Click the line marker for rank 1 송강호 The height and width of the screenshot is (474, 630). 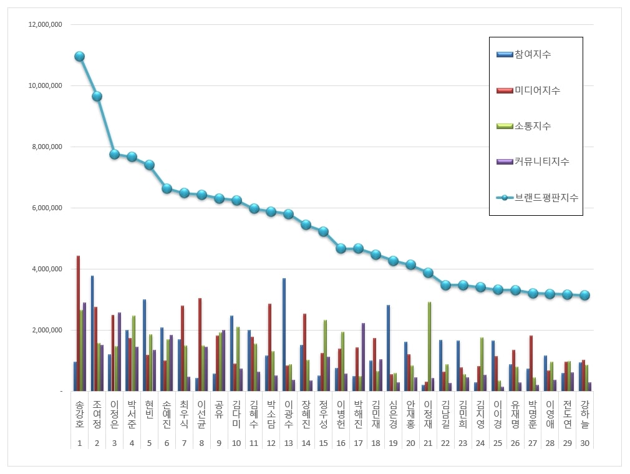pyautogui.click(x=79, y=56)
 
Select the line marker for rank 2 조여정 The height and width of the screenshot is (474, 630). pyautogui.click(x=97, y=96)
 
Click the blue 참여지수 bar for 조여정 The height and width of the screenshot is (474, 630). pyautogui.click(x=92, y=333)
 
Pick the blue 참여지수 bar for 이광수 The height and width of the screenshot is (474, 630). pyautogui.click(x=284, y=334)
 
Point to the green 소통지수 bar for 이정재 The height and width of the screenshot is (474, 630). pyautogui.click(x=429, y=346)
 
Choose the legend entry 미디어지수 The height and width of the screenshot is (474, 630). pyautogui.click(x=536, y=90)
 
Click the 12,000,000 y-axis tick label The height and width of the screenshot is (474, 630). pyautogui.click(x=45, y=25)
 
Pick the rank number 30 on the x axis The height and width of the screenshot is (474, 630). pyautogui.click(x=584, y=443)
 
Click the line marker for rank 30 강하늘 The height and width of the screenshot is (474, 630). pyautogui.click(x=584, y=295)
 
